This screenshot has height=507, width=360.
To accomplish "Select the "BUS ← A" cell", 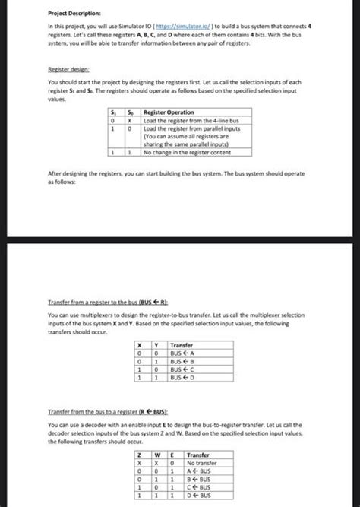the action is point(182,353).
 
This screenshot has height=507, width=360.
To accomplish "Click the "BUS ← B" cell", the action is point(182,362).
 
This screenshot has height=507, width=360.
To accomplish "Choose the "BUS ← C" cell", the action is point(182,370).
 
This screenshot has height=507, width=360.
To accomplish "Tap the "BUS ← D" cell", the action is point(182,379).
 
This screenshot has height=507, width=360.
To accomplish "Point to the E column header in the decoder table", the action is point(175,455).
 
